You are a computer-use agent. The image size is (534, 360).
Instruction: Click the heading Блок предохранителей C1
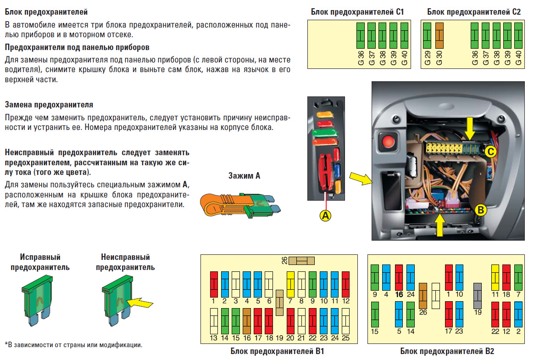coord(357,12)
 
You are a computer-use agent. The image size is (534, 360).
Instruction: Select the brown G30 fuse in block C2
coord(439,36)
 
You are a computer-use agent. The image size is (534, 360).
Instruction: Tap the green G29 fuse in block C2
coord(428,36)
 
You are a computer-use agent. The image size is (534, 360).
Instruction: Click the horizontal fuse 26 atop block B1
coord(301,260)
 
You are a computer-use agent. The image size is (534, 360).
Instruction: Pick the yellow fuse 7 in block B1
coord(290,284)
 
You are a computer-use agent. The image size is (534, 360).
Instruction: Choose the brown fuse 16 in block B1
coord(246,321)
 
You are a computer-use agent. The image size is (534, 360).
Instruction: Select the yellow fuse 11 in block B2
coord(495,277)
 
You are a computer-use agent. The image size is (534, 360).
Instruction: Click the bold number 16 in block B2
coord(398,294)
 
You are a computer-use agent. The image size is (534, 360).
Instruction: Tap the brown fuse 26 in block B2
coord(423,295)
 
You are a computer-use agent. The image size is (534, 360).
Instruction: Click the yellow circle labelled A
coord(325,215)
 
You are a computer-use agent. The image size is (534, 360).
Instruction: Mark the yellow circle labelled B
coord(480,210)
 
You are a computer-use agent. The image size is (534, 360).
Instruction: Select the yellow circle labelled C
coord(490,151)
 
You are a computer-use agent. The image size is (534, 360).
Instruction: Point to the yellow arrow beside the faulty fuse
coord(140,303)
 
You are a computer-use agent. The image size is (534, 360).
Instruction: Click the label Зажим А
coord(244,175)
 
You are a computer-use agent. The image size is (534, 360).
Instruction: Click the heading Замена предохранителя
coord(49,105)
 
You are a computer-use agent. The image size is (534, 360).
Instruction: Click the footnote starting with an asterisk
coord(73,344)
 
